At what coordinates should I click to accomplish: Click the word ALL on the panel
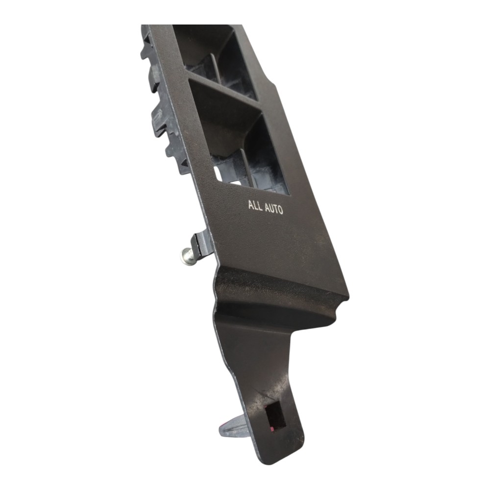255,206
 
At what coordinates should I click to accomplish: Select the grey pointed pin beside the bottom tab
233,425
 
